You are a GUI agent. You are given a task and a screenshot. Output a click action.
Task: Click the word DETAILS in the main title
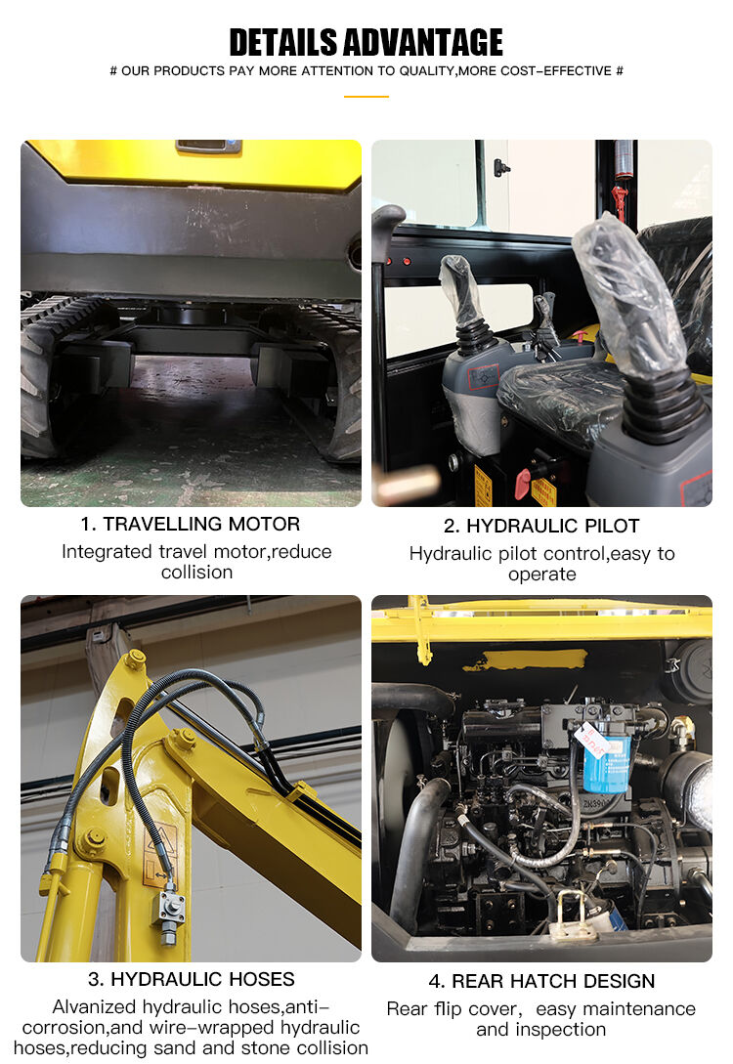[x=283, y=42]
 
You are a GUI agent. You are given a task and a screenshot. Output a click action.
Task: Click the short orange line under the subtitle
[x=366, y=97]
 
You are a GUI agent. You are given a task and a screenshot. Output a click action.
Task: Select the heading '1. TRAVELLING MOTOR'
[x=190, y=524]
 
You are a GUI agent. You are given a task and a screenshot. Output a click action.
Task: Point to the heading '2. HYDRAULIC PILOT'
[x=541, y=526]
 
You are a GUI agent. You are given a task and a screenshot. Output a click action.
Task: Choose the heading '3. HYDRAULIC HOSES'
[x=192, y=979]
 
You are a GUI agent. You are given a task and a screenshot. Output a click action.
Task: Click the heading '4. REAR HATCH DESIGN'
[x=541, y=981]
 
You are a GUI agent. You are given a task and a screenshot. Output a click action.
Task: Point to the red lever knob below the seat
[x=523, y=483]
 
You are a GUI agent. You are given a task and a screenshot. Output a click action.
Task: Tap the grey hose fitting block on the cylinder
[x=169, y=911]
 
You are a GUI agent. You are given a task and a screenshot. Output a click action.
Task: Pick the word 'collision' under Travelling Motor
[x=196, y=572]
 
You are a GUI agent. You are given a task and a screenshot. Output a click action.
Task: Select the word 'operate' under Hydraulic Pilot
[x=542, y=575]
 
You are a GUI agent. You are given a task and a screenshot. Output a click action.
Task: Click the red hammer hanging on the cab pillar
[x=619, y=201]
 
